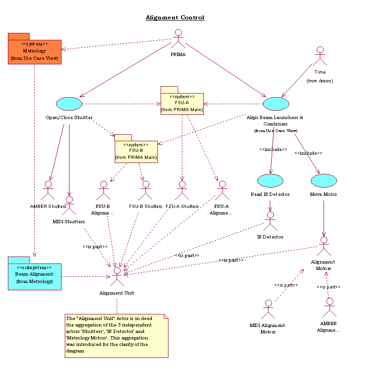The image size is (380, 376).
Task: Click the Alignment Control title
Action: (x=175, y=18)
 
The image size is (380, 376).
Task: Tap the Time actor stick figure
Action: (x=320, y=56)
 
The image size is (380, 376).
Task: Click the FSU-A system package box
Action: (x=181, y=103)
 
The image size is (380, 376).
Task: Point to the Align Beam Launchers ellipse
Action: (x=276, y=104)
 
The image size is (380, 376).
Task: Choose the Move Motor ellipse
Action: (x=324, y=181)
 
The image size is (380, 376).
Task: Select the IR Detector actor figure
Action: (x=270, y=221)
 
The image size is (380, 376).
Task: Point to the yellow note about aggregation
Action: (x=116, y=336)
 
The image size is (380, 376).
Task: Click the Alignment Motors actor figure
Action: (x=324, y=246)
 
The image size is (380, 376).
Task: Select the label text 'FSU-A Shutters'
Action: (x=182, y=206)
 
